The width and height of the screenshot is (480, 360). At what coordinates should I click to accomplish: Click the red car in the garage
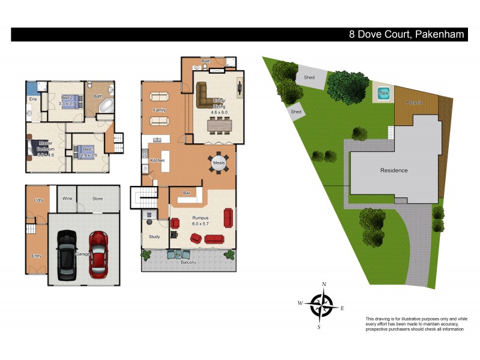coord(98,254)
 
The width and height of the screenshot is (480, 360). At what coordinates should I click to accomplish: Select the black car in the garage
coord(66,254)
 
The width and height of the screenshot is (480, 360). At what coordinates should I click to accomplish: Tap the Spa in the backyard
coord(383,94)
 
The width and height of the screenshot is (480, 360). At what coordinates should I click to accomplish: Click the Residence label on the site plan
coord(394,170)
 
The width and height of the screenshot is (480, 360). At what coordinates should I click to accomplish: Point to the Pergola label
coord(415,103)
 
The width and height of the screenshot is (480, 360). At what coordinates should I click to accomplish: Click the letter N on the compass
coord(324,284)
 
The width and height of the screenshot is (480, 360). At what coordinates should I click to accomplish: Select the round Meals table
coord(218,163)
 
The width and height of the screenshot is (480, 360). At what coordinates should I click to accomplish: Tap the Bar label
coord(187,193)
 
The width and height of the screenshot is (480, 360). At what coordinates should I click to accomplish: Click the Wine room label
coord(68,199)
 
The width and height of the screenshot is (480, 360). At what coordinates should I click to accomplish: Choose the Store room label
coord(98,199)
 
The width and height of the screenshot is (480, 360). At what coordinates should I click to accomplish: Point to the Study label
coord(154,237)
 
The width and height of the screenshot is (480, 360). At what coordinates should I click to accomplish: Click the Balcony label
coord(188,262)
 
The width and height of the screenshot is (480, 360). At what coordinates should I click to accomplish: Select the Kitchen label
coord(157,161)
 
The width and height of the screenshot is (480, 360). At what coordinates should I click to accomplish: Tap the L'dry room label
coord(38,200)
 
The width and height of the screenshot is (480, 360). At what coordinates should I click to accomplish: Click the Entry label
coord(37,256)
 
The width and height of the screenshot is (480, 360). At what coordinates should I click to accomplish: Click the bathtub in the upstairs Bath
coord(106,107)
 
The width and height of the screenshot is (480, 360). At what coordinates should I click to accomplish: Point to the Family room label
coord(160,110)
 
